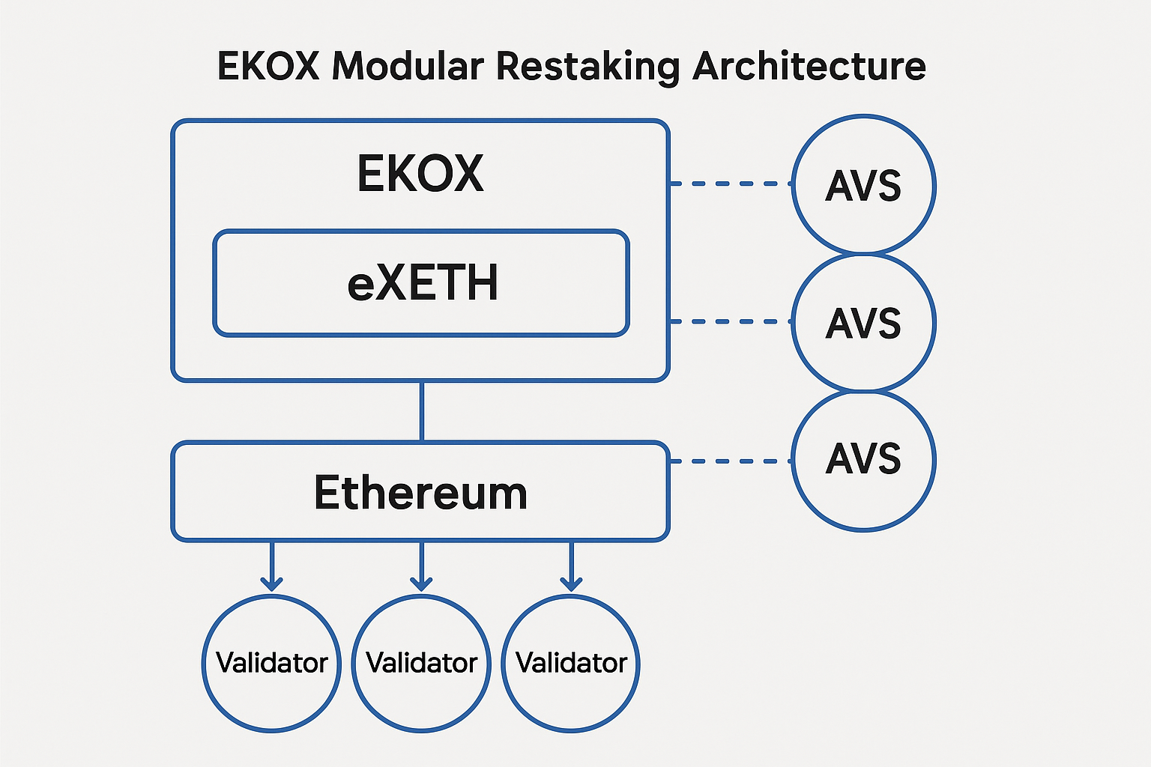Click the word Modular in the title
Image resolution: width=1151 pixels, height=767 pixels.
tap(408, 66)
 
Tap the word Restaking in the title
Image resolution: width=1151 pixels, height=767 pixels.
tap(587, 67)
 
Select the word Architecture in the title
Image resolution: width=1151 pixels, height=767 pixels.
tap(809, 66)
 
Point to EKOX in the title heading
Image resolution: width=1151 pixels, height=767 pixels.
tap(268, 66)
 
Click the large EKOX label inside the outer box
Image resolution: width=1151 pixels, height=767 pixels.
tap(420, 174)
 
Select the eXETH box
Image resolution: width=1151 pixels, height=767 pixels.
tap(421, 283)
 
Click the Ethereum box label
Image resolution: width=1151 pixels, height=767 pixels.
tap(420, 492)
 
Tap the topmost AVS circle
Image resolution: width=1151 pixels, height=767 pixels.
tap(863, 185)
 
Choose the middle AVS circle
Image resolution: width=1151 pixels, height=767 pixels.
tap(863, 323)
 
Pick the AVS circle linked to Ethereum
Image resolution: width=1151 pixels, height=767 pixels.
tap(863, 460)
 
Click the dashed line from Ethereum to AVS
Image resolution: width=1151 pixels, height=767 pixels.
tap(731, 461)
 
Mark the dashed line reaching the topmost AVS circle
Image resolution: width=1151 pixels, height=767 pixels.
tap(731, 184)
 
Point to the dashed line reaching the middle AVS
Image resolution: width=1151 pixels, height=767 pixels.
tap(731, 321)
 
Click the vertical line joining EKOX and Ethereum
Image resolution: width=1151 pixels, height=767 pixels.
tap(422, 411)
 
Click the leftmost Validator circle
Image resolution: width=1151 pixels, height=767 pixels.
tap(271, 663)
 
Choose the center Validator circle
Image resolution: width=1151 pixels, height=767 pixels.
tap(421, 663)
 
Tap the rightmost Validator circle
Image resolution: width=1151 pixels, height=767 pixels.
tap(571, 663)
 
